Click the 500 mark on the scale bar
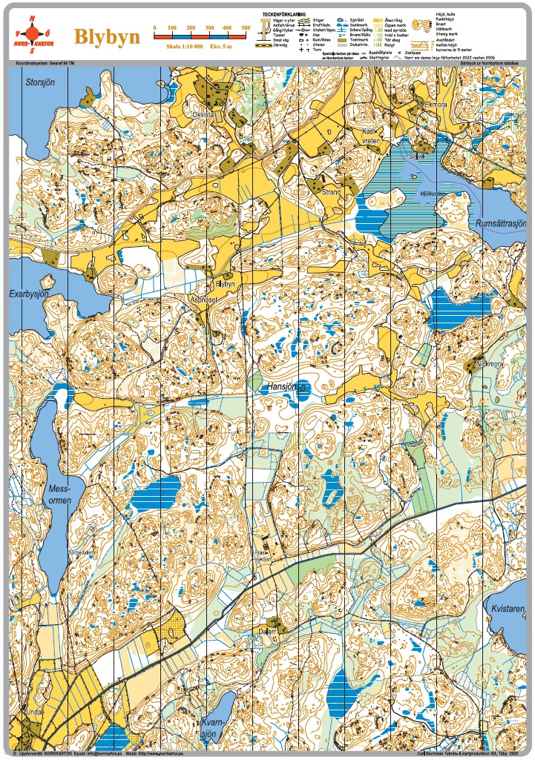tap(246, 27)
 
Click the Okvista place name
tap(203, 115)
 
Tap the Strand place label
tap(331, 192)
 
